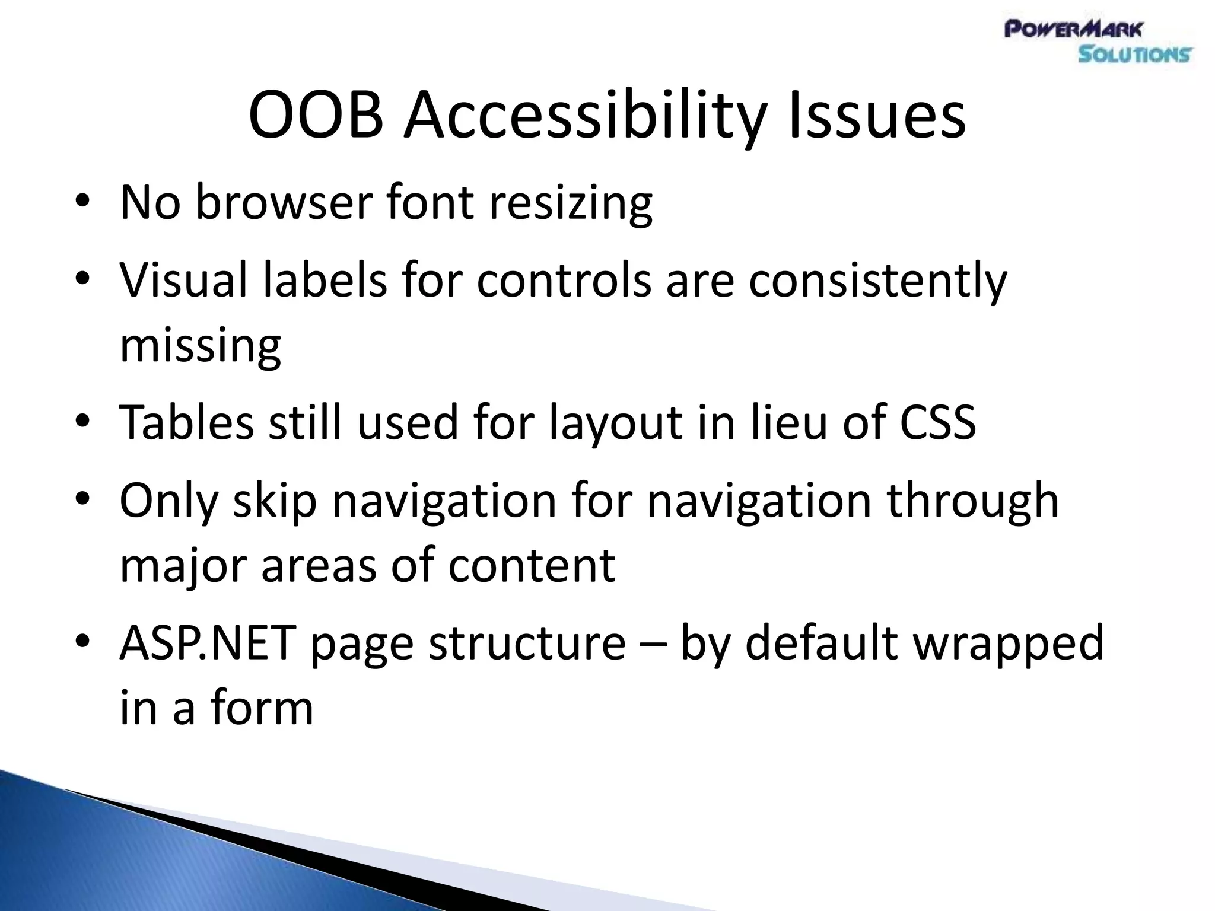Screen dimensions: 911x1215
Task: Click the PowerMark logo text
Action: [1073, 28]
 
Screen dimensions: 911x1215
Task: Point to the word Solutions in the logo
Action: [1134, 55]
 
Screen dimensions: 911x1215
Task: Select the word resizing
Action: [571, 203]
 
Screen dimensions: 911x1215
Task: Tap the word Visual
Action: [183, 280]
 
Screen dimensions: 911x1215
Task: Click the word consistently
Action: [877, 280]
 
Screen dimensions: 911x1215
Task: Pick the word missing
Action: [201, 345]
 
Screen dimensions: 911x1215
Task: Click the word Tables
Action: [187, 422]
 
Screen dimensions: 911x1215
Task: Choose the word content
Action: [532, 565]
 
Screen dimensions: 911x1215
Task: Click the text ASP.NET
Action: [208, 643]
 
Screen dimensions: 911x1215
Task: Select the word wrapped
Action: [1009, 643]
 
